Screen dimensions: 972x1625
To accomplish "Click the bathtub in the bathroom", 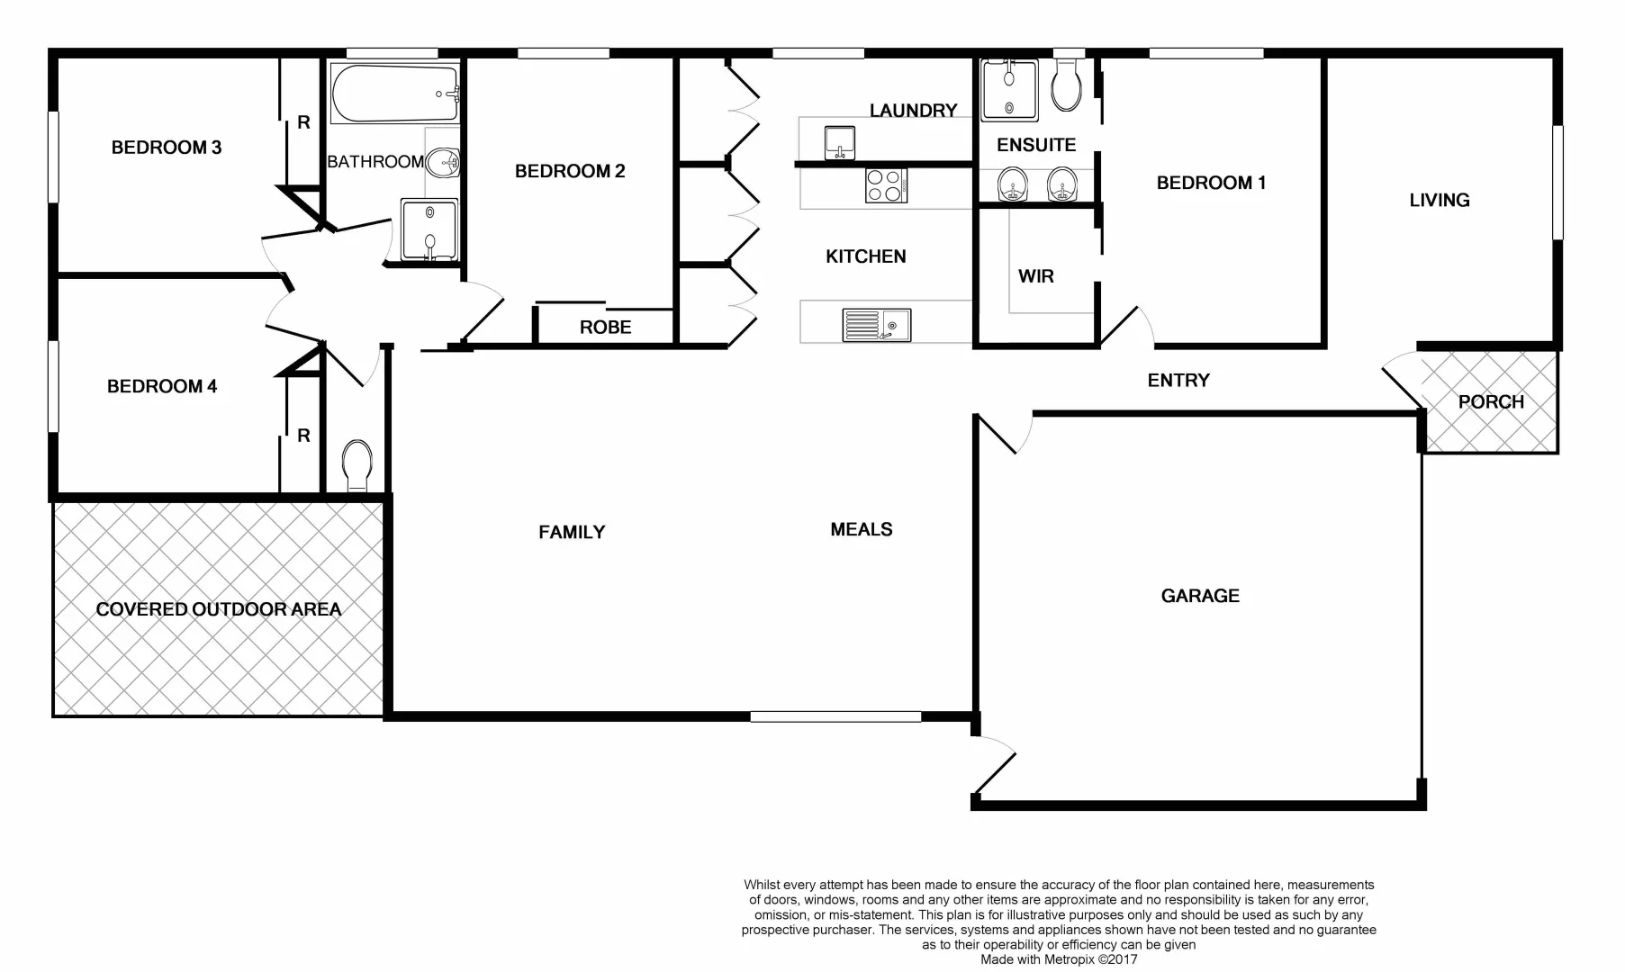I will [x=395, y=94].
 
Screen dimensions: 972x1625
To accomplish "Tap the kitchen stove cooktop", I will [x=886, y=185].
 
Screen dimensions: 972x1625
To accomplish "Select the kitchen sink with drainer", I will [x=876, y=325].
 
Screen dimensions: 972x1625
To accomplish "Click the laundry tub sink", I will [x=840, y=142].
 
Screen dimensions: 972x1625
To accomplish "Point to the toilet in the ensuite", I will [x=1067, y=85].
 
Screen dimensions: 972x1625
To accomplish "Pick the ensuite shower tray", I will [x=1009, y=89].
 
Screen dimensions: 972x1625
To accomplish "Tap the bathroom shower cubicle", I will [x=429, y=230].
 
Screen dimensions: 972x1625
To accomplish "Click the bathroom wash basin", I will [x=442, y=164].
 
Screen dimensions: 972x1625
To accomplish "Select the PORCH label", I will [x=1491, y=402].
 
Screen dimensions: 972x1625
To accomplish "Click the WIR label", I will [x=1035, y=276].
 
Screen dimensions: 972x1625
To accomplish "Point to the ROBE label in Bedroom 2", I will [x=605, y=328].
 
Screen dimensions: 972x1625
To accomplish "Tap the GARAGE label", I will [x=1200, y=596].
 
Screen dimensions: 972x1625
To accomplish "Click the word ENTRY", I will [x=1178, y=381].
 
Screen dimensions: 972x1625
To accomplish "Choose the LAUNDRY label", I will [x=913, y=111].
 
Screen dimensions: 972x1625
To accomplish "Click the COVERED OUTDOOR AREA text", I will [x=219, y=609].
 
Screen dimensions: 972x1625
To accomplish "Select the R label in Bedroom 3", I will [x=303, y=122].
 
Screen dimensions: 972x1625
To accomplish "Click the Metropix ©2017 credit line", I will [x=1059, y=960].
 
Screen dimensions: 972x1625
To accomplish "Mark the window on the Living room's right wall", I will [x=1557, y=182].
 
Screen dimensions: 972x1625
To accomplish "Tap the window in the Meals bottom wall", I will [x=835, y=716].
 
